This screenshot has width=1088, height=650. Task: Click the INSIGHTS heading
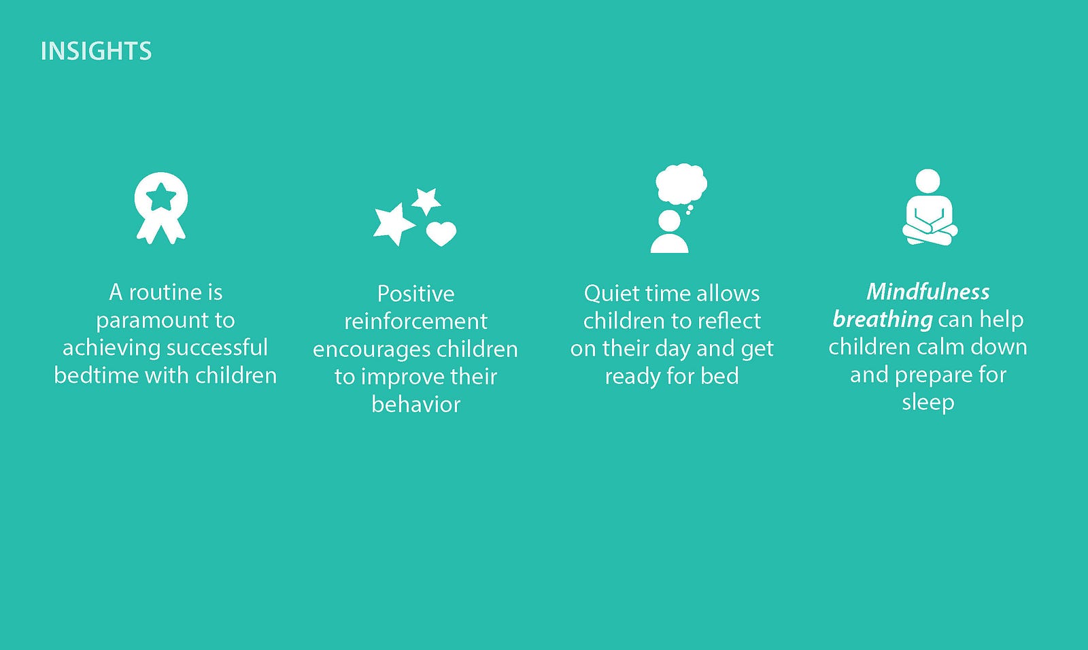(x=96, y=51)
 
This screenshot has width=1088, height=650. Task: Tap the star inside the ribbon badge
(x=160, y=197)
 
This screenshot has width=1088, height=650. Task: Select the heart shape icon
(x=441, y=234)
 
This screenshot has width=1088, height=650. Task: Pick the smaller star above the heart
(x=426, y=201)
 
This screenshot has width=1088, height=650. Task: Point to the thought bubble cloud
(x=681, y=184)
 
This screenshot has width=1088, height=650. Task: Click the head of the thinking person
(x=669, y=221)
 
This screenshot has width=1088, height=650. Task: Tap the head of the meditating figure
(x=928, y=181)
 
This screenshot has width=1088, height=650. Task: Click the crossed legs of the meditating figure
(x=930, y=235)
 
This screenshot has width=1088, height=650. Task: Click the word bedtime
(x=97, y=375)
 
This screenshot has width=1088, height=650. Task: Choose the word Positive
(x=415, y=294)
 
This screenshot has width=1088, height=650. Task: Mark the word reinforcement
(x=415, y=322)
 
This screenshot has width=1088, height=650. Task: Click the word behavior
(x=415, y=404)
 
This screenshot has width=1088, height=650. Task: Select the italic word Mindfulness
(x=928, y=292)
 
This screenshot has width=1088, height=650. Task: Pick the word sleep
(x=928, y=403)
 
